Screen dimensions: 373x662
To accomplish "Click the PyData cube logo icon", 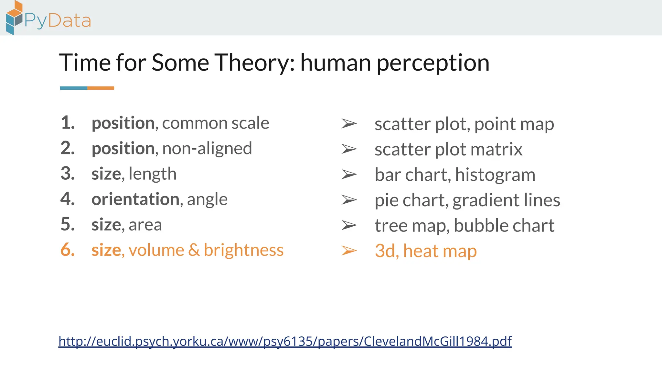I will (x=14, y=18).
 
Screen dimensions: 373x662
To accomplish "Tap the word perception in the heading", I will (x=433, y=63).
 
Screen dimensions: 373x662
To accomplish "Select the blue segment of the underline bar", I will (x=74, y=88).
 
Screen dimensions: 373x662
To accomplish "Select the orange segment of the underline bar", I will (x=101, y=88).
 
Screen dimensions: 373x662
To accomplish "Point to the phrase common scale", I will (x=215, y=123).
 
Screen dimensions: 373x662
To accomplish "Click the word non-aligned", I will (x=207, y=148).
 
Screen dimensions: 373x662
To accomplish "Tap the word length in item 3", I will (x=152, y=174).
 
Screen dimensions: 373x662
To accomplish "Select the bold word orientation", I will (x=135, y=199).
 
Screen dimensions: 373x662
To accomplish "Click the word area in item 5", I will (x=145, y=224).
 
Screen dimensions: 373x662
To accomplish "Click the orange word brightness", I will (x=243, y=250).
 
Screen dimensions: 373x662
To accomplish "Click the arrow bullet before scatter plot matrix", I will (x=349, y=149).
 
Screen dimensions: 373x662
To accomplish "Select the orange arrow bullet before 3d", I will (x=349, y=251).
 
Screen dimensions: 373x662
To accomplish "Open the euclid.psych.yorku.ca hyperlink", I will (x=285, y=341).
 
